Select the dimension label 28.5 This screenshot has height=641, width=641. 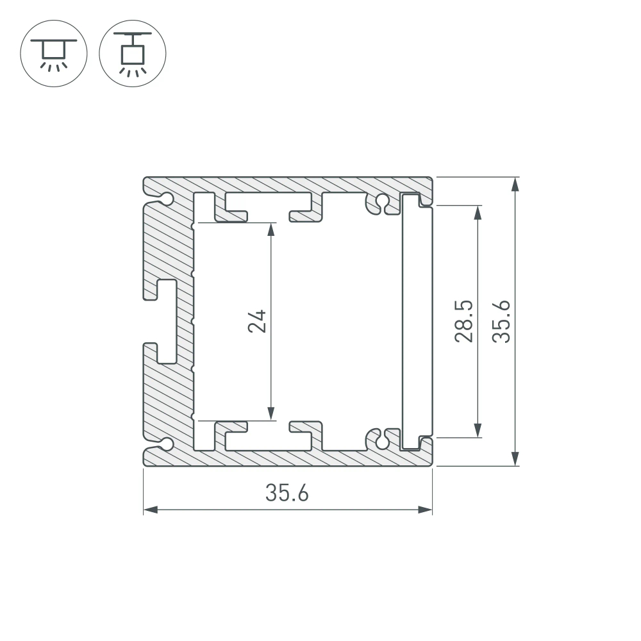(463, 321)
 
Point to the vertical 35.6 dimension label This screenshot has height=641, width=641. (501, 321)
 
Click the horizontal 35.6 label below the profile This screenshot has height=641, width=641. (287, 494)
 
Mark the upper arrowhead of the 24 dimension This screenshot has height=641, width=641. (272, 229)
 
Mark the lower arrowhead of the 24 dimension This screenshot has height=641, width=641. (272, 413)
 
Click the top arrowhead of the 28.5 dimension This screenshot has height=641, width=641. (477, 213)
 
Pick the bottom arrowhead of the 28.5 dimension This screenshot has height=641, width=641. (477, 430)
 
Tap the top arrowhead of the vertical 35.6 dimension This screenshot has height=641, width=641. (515, 184)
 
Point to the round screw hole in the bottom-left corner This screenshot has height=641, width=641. (167, 444)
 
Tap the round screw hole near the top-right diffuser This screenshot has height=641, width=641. (382, 201)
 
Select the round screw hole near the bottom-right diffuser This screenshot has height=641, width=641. (382, 441)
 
